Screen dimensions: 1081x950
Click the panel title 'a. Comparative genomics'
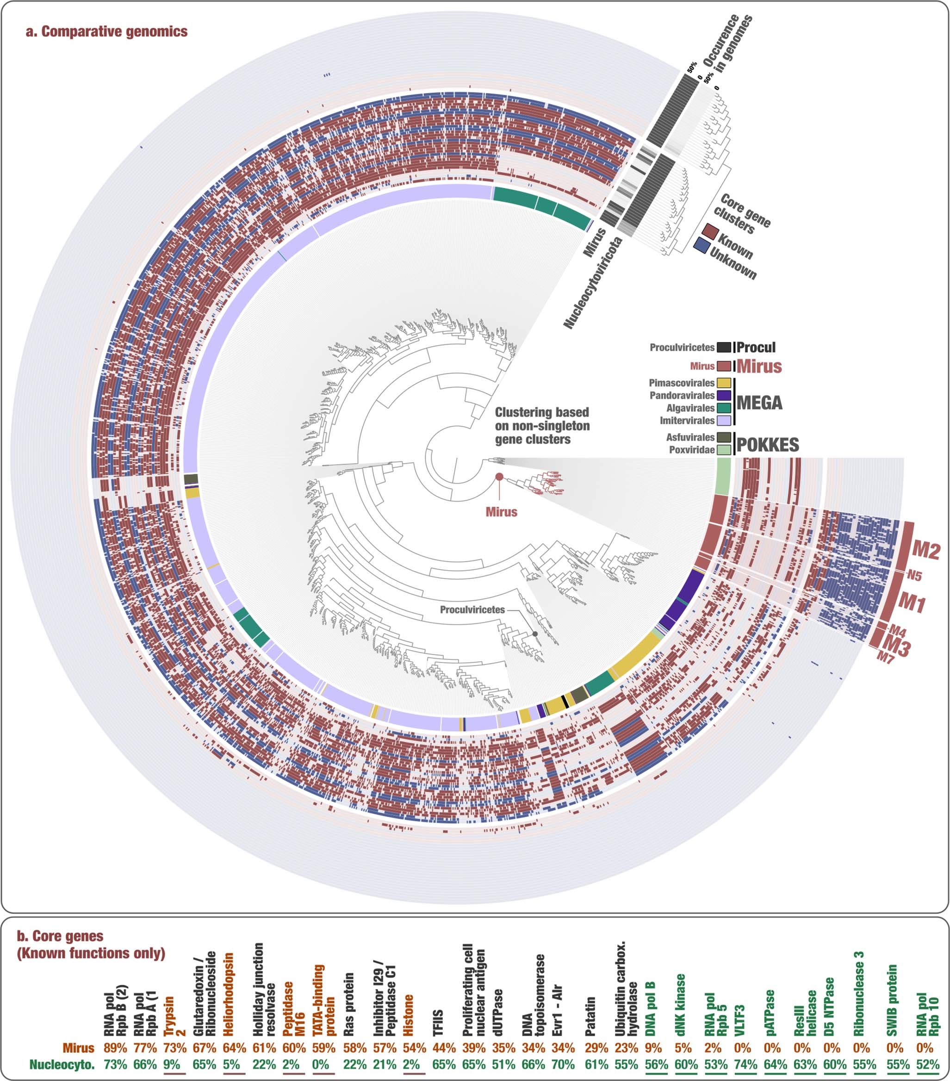[107, 32]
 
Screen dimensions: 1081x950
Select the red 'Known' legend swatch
[709, 231]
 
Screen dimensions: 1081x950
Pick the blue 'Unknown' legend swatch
[702, 245]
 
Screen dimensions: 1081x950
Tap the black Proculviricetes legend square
[724, 348]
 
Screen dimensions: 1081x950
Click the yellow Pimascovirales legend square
[724, 383]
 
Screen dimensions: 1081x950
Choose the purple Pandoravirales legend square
[724, 396]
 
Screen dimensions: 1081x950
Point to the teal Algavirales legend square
[724, 408]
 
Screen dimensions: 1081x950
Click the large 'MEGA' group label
[759, 403]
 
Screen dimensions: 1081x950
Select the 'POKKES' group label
[768, 445]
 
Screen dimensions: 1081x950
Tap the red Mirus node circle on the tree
[499, 477]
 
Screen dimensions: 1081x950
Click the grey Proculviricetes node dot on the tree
[535, 634]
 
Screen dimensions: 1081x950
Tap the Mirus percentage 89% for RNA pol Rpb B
[115, 1048]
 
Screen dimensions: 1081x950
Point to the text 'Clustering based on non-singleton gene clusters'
[542, 426]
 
